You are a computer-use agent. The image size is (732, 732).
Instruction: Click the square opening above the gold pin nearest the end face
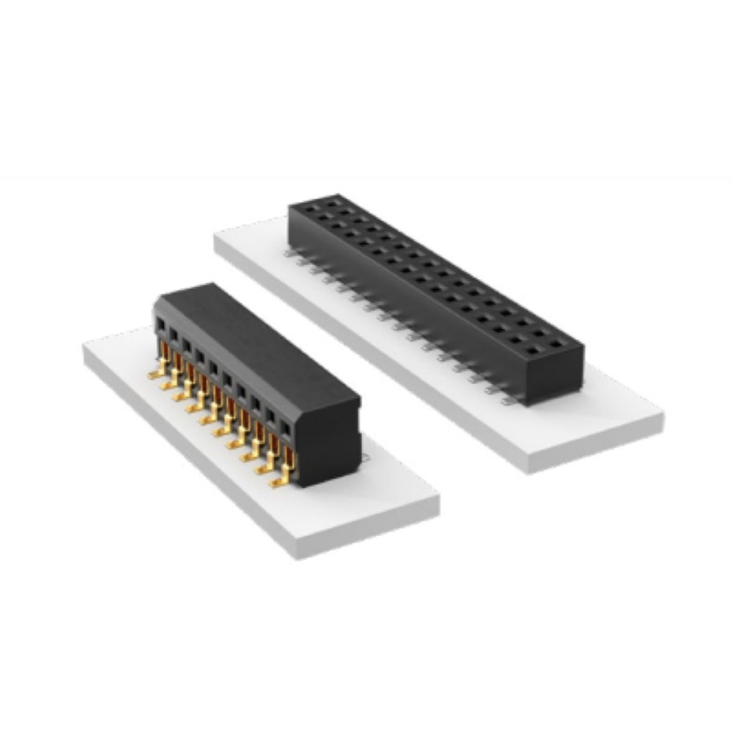pyautogui.click(x=285, y=428)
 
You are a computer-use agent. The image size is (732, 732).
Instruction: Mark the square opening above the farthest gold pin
pyautogui.click(x=161, y=325)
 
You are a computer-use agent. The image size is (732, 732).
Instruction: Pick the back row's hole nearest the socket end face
pyautogui.click(x=556, y=343)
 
